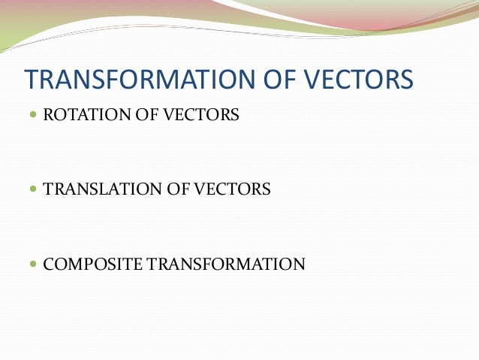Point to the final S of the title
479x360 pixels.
[x=407, y=80]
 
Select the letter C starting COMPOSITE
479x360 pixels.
[x=49, y=264]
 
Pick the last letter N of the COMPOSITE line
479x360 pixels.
[x=300, y=264]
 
